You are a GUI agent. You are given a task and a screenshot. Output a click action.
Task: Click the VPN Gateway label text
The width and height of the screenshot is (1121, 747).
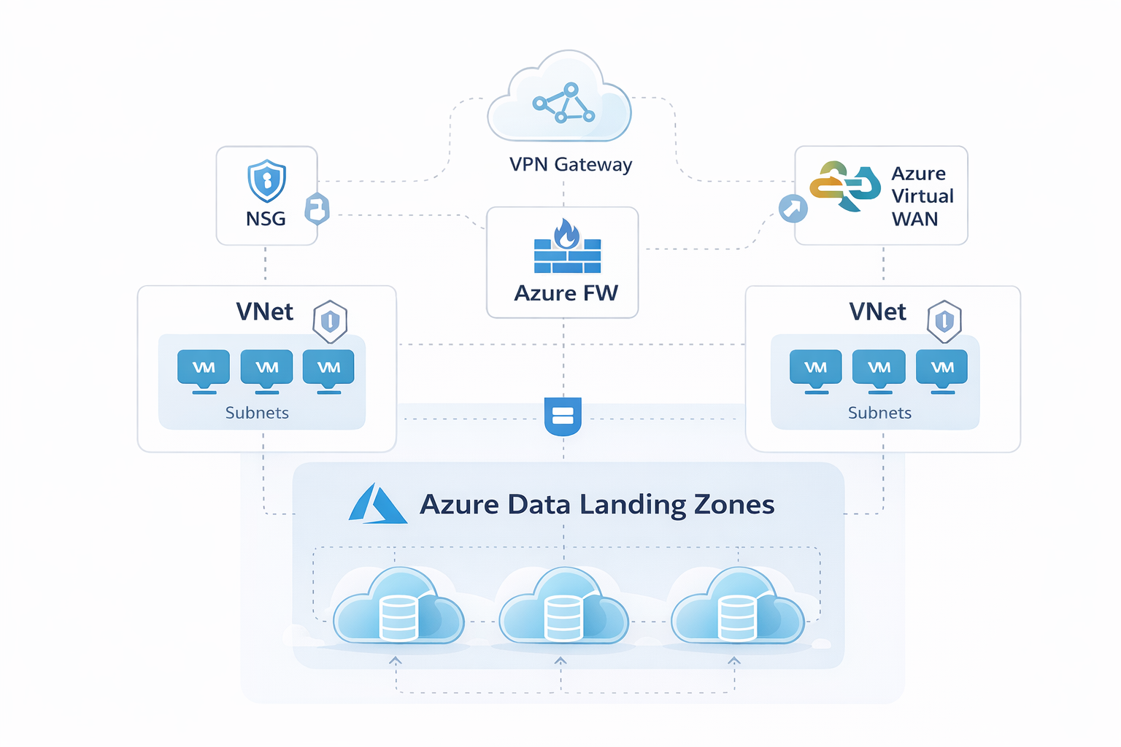[x=570, y=165]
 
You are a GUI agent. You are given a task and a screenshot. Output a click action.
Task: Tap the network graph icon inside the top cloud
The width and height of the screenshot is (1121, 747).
[x=563, y=103]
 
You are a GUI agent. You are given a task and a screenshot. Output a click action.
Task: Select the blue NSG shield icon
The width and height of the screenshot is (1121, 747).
[x=266, y=180]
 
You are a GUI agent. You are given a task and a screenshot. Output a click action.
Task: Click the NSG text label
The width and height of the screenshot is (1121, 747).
[x=266, y=219]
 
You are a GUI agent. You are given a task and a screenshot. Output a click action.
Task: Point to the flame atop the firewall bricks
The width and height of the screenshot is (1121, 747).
[x=566, y=234]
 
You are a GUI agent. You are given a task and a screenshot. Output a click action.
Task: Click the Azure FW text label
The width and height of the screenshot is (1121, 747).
[x=566, y=293]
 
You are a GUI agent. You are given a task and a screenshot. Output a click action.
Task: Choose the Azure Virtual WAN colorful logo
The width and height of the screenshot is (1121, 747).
[x=845, y=186]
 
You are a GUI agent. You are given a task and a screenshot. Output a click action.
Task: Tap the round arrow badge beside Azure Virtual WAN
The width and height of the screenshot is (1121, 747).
[x=793, y=209]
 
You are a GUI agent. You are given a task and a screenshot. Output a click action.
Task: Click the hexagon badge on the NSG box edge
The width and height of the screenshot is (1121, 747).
[x=317, y=209]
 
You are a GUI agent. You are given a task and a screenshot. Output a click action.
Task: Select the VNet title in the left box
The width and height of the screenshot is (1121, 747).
[x=264, y=312]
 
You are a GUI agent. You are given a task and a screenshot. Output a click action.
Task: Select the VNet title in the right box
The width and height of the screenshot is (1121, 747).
[x=877, y=312]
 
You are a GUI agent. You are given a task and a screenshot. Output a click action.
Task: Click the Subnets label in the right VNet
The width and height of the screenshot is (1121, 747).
[x=879, y=413]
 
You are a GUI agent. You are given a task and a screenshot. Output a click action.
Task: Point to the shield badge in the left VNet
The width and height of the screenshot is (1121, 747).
[x=330, y=321]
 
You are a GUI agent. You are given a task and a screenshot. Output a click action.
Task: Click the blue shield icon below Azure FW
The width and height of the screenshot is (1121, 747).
[x=563, y=416]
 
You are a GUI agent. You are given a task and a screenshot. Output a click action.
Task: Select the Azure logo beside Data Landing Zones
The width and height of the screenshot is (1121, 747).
[x=377, y=504]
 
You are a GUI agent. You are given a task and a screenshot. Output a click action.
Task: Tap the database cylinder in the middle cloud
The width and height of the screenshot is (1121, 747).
[x=563, y=617]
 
